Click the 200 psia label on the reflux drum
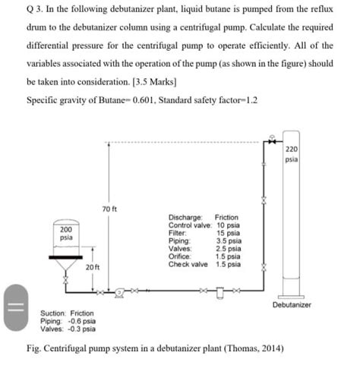coord(67,233)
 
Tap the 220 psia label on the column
coord(292,156)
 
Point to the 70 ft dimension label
coord(108,207)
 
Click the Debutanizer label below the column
coord(292,305)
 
